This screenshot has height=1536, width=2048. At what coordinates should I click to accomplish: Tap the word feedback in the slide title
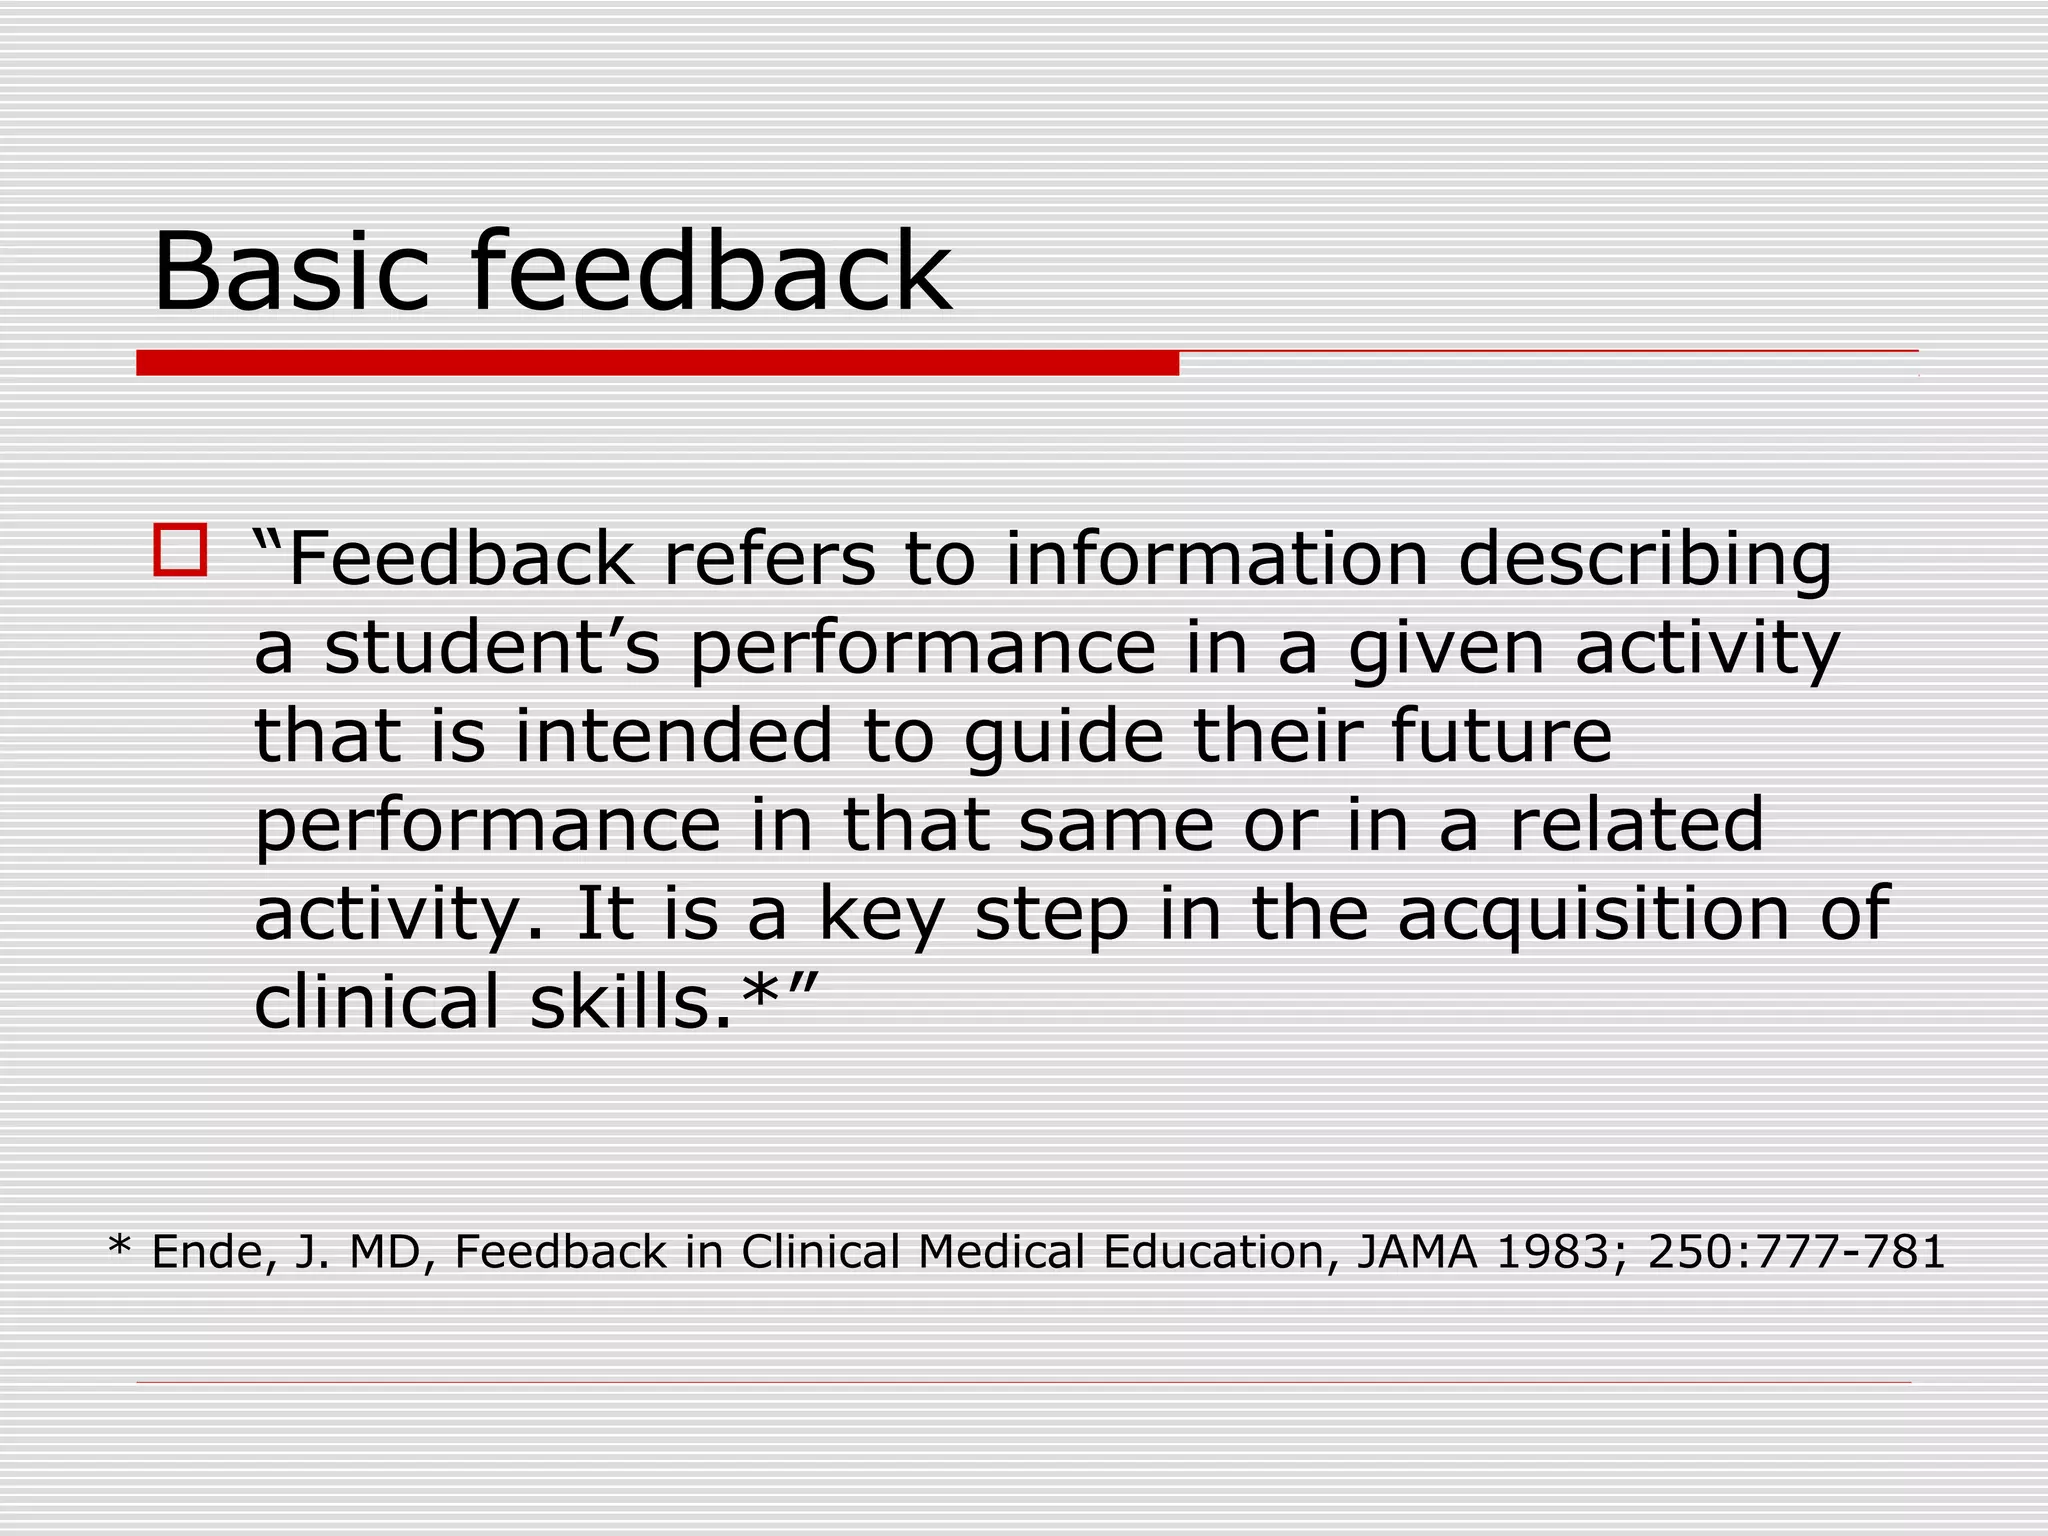[x=711, y=272]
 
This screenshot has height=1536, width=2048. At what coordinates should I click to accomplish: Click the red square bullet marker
[x=180, y=550]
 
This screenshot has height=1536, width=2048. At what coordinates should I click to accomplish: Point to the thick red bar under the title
[x=657, y=363]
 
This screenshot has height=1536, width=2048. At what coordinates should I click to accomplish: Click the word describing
[x=1645, y=562]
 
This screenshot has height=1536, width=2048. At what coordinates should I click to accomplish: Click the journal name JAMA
[x=1417, y=1252]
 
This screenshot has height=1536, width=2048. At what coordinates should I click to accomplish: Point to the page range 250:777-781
[x=1796, y=1252]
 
